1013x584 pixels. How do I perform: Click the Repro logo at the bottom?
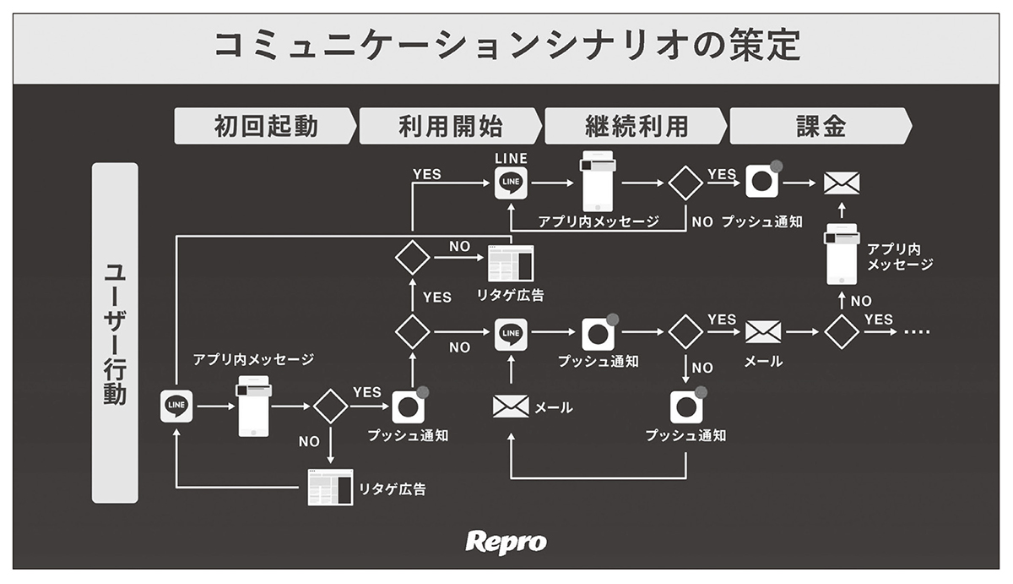[x=506, y=542]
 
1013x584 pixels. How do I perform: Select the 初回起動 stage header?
[x=265, y=127]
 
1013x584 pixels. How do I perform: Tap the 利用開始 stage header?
[x=450, y=127]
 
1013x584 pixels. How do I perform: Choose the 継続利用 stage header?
[x=636, y=127]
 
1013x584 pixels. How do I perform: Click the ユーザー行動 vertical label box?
[x=115, y=333]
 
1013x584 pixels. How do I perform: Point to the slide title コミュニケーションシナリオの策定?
[x=506, y=47]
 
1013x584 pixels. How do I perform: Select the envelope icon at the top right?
[x=841, y=183]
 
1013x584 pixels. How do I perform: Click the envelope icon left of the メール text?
[x=511, y=407]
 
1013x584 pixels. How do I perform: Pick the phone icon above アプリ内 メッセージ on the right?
[x=842, y=256]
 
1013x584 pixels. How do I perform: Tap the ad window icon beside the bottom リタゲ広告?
[x=329, y=487]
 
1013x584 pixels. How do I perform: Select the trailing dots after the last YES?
[x=916, y=332]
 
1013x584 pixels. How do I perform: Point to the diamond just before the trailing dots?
[x=841, y=332]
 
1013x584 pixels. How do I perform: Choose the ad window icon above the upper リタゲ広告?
[x=512, y=263]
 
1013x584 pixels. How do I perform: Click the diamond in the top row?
[x=685, y=182]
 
